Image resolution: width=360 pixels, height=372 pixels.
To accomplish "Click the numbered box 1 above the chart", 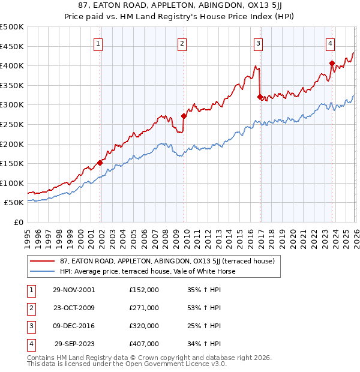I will click(x=98, y=43).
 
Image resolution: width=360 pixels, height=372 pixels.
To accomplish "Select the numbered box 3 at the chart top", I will click(x=258, y=43).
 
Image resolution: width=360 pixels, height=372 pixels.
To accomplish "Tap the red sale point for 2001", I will click(x=100, y=163).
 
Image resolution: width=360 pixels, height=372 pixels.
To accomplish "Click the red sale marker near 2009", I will click(x=184, y=116).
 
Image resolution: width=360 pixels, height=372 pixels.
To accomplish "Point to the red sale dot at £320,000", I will click(x=260, y=97).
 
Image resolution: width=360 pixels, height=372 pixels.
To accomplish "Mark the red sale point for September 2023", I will click(x=332, y=63).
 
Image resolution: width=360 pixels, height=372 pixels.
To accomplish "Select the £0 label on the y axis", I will click(x=18, y=222).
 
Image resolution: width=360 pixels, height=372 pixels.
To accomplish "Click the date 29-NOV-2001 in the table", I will click(x=74, y=290).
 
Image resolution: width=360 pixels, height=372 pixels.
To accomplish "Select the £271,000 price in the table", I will click(x=144, y=308).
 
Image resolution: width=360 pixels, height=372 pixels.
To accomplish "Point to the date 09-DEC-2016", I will click(x=74, y=326).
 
